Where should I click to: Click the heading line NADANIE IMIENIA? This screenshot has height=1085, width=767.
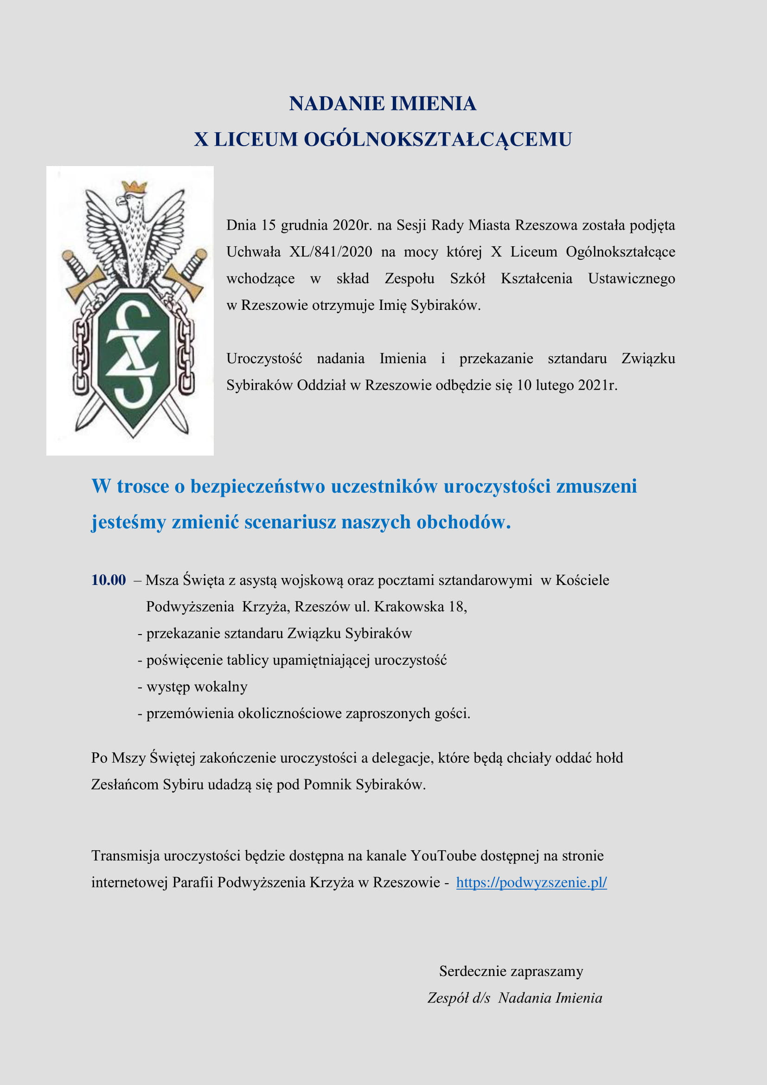point(383,103)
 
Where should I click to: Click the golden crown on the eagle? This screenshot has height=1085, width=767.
point(134,186)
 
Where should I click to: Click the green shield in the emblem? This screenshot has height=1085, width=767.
point(133,359)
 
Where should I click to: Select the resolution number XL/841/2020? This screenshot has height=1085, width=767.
point(331,252)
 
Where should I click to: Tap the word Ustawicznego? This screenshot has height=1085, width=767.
point(631,278)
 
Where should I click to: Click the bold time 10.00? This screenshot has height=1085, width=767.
point(109,580)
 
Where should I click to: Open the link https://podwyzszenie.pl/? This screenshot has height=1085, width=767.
point(531,882)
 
